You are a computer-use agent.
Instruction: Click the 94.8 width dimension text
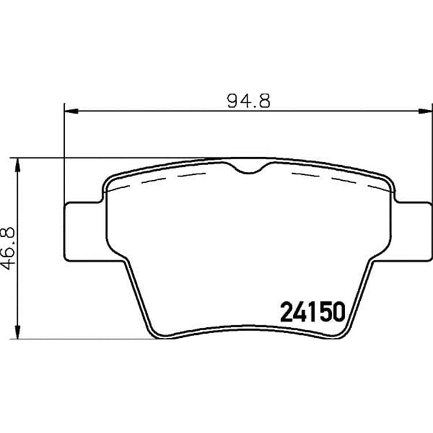(x=248, y=101)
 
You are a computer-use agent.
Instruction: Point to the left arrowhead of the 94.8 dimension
(x=71, y=111)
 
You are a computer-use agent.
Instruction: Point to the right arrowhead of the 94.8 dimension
(x=425, y=111)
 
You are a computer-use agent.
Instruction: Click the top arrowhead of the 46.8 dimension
(x=18, y=165)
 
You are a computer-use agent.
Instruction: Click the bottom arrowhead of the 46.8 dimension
(x=18, y=332)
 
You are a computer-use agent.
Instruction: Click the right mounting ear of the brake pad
(x=412, y=232)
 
